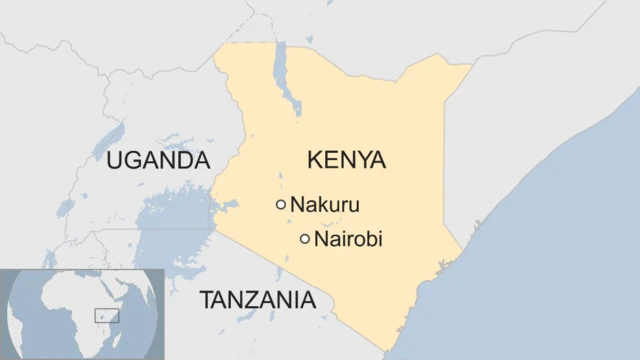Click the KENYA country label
click(346, 160)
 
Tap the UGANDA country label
click(159, 160)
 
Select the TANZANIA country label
click(257, 300)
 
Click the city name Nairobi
click(348, 240)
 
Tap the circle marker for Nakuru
click(281, 205)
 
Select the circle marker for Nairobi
click(305, 239)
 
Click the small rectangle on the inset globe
click(107, 316)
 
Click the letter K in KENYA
click(315, 160)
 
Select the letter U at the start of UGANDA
click(116, 160)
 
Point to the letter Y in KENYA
click(361, 160)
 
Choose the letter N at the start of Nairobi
click(321, 240)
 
